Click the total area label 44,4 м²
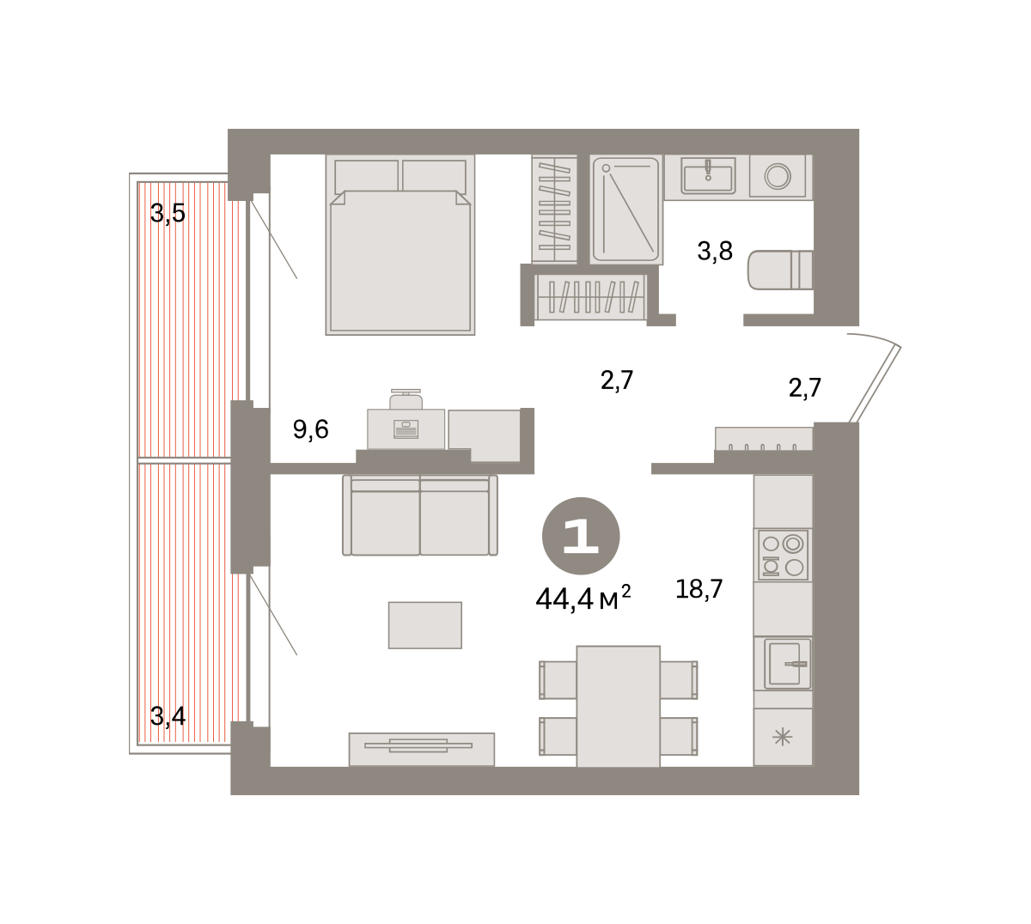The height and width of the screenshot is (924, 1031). coord(583,598)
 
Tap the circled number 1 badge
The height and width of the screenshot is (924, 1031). coord(581,536)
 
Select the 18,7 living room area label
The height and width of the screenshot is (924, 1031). coord(699,589)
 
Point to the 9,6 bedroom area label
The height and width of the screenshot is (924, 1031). coord(311,429)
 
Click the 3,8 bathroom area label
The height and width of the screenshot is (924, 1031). coord(715,251)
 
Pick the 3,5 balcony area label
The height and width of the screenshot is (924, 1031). coord(168,213)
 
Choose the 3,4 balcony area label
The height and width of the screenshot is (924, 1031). coord(168,716)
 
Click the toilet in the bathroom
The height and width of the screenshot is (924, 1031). coord(780,270)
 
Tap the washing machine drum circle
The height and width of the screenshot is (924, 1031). coord(778,177)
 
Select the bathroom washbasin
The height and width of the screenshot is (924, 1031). coord(708,176)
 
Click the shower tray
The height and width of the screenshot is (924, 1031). coord(626,210)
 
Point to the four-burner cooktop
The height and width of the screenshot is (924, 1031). coord(784,555)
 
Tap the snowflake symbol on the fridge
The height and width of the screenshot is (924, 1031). coord(782,737)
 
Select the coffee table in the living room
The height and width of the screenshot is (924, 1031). coord(425,625)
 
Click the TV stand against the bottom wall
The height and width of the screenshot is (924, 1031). coord(421,749)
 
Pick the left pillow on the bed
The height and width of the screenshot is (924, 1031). coord(366,175)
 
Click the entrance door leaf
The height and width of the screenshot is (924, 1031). coord(875,384)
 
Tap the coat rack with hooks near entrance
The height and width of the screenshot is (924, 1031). coord(763,439)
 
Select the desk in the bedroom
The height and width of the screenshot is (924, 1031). coord(406,429)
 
